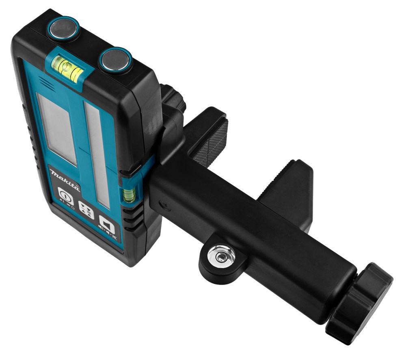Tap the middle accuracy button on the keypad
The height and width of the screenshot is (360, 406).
tap(86, 210)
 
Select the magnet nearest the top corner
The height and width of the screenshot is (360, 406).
tap(63, 28)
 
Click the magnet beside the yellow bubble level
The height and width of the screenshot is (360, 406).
tap(115, 60)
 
